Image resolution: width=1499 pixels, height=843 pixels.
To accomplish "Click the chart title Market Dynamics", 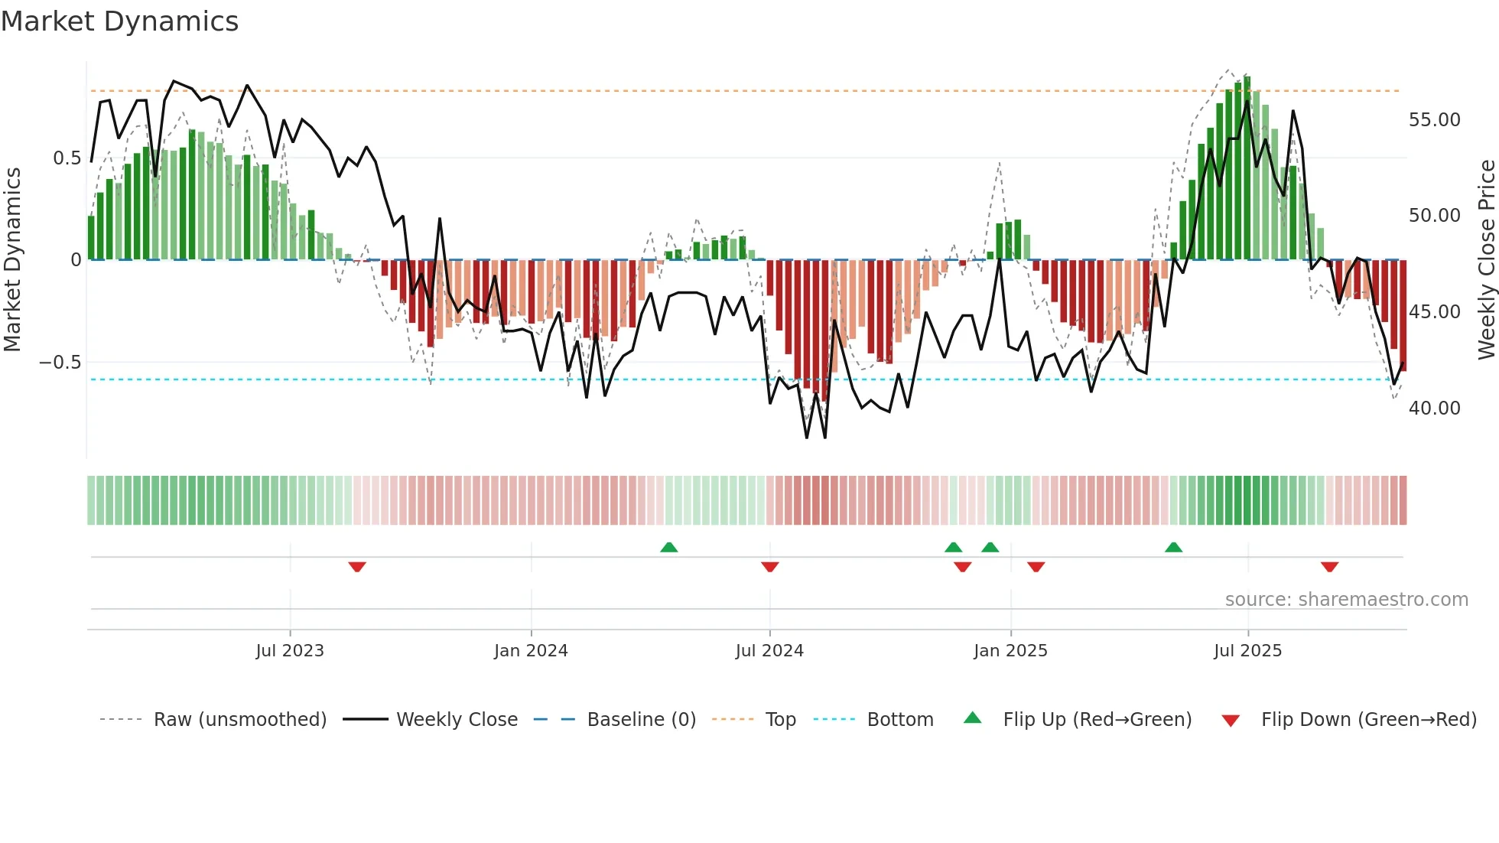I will pos(120,21).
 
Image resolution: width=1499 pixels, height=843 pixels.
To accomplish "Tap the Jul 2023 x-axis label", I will pos(290,651).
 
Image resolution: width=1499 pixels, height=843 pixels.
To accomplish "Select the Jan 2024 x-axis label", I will pos(531,651).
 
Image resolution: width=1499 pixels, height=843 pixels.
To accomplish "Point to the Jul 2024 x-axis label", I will pos(769,651).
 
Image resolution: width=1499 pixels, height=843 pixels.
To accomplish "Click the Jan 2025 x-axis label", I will pos(1010,651).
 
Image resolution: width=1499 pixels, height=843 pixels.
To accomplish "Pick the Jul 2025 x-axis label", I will pos(1247,651).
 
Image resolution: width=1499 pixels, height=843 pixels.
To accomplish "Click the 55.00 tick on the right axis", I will pos(1434,120).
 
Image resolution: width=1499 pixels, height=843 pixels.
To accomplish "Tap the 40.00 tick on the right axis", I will pos(1434,408).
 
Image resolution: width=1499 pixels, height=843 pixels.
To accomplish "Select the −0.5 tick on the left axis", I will pos(60,363).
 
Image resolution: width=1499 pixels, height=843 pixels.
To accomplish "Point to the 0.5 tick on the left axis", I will pos(67,158).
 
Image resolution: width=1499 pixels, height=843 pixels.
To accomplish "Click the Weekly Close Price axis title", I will pos(1486,260).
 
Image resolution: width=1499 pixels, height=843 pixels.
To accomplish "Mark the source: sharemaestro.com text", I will pos(1346,600).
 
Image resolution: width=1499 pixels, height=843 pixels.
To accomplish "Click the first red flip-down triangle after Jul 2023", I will pos(357,567).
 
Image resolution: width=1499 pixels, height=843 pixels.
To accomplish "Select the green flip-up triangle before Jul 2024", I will pos(668,547).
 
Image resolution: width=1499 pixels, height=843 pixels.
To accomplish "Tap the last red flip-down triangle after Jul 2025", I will pos(1329,567).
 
